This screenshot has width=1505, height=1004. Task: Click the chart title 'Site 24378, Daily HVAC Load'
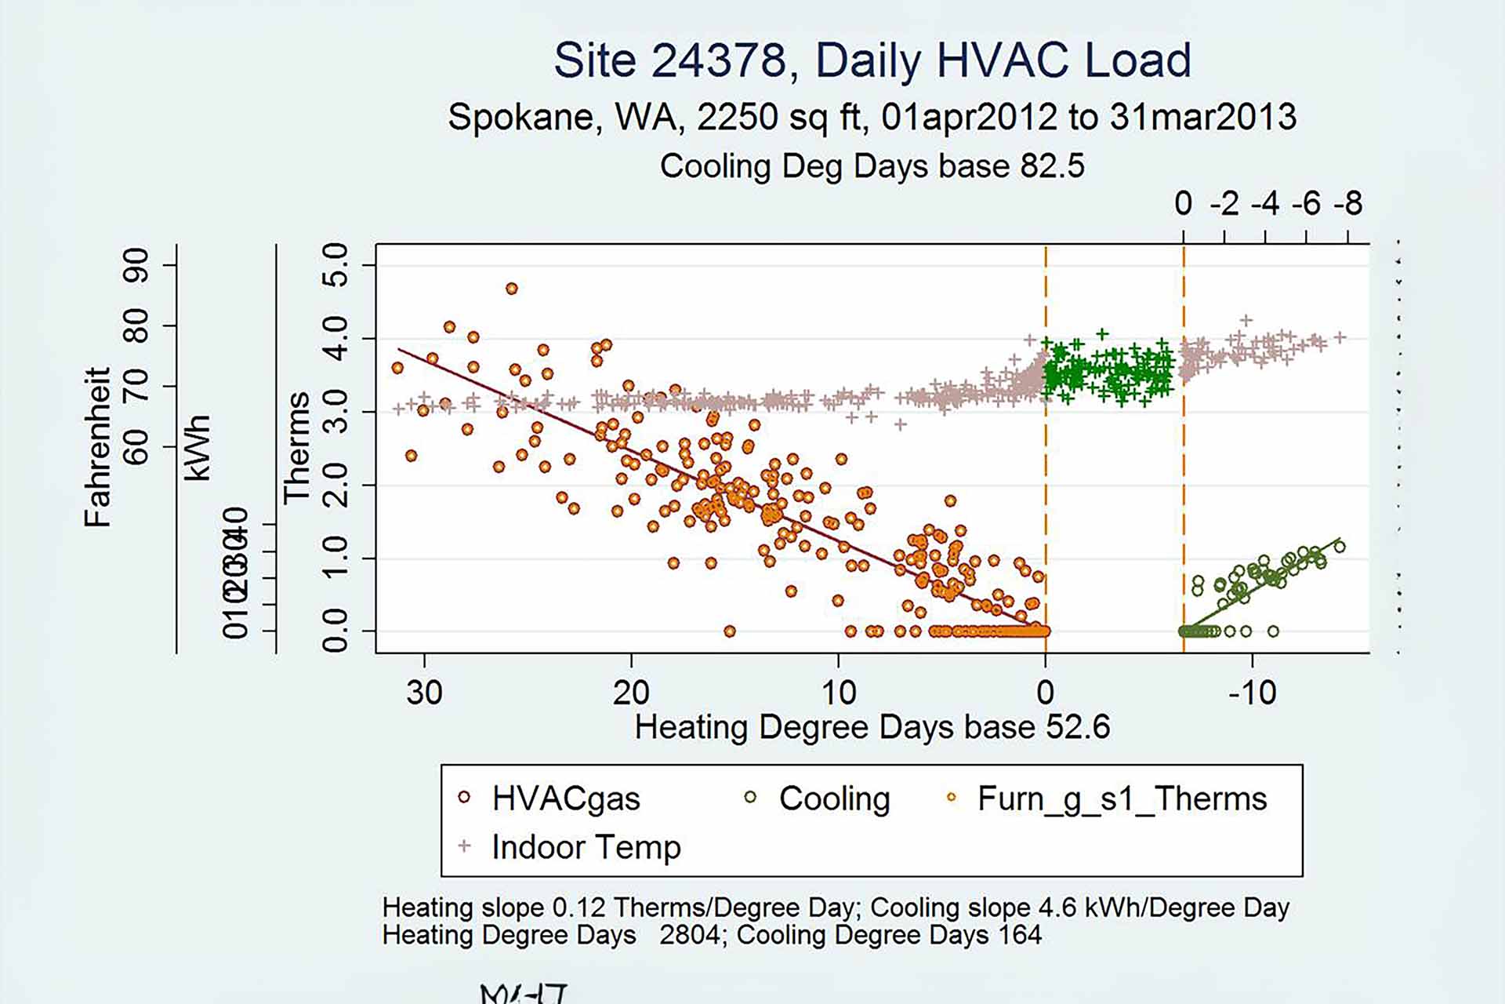tap(872, 60)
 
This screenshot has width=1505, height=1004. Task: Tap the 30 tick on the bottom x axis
tap(424, 692)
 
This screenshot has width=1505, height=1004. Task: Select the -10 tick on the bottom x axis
tap(1252, 692)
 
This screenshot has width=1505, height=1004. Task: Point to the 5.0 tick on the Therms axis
tap(335, 265)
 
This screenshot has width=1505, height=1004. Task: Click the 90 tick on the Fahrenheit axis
tap(136, 265)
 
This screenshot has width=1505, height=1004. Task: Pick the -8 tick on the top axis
tap(1348, 204)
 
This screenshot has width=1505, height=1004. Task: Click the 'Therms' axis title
tap(297, 448)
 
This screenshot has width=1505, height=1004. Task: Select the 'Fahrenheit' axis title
tap(98, 447)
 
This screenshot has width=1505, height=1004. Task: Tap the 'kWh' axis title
tap(198, 448)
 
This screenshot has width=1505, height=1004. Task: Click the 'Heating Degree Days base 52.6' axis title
tap(872, 727)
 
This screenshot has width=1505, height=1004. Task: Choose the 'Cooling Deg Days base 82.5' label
tap(872, 166)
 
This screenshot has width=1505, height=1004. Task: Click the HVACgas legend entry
tap(564, 798)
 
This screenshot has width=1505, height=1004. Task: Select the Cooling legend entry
tap(834, 798)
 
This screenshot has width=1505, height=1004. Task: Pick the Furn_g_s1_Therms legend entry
tap(1121, 798)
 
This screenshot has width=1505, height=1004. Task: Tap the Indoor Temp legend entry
tap(586, 847)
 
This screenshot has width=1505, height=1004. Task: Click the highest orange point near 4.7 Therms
tap(511, 289)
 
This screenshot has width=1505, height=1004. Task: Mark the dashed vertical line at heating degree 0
tap(1046, 471)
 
